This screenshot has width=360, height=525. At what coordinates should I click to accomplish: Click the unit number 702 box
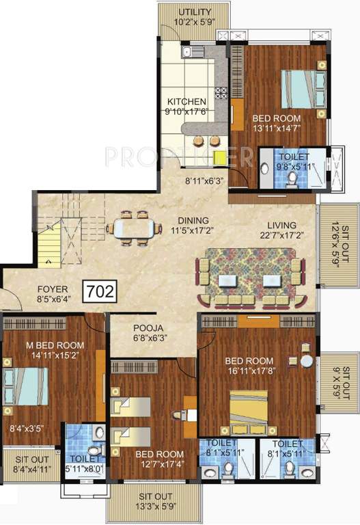point(99,291)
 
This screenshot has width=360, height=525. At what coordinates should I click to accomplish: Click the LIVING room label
point(281,225)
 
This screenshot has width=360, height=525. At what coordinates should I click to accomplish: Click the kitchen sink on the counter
point(189,52)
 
